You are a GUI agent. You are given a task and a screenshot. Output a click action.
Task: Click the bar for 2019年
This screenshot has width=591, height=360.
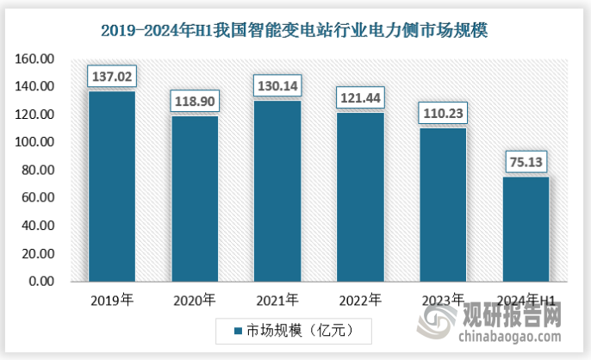tap(112, 186)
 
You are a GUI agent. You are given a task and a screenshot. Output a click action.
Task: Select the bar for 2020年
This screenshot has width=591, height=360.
tap(195, 199)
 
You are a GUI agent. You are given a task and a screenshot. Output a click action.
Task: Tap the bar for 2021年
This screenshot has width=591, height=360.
tap(277, 191)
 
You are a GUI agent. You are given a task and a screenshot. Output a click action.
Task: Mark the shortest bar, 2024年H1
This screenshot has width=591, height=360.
tap(525, 229)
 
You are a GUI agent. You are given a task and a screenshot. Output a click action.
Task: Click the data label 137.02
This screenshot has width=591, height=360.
tap(112, 77)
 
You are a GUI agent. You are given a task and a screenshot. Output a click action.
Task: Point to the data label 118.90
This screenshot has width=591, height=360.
tap(195, 101)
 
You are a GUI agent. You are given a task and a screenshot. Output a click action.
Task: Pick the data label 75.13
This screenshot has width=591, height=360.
tap(525, 162)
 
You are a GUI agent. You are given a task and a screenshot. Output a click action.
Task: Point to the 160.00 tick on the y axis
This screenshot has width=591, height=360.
tap(34, 59)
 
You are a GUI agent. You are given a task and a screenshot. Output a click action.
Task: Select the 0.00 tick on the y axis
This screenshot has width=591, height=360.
tap(40, 281)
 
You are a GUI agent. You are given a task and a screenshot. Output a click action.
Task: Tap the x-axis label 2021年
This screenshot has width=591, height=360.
tap(277, 301)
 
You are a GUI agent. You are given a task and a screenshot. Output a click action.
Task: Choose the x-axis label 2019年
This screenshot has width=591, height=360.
tap(112, 301)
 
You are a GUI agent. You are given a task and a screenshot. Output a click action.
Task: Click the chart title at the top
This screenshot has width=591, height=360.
tap(295, 32)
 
